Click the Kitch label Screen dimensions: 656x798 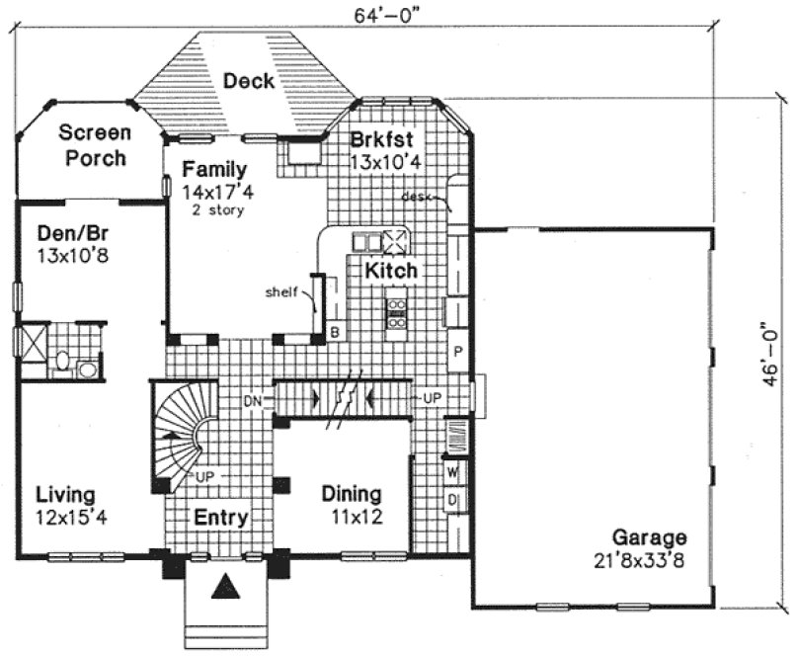click(391, 270)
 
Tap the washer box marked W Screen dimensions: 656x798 click(454, 473)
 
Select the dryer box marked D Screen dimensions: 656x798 click(454, 500)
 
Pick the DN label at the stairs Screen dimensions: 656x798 click(252, 400)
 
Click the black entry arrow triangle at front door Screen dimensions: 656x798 click(227, 586)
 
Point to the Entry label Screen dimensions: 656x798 click(220, 518)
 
